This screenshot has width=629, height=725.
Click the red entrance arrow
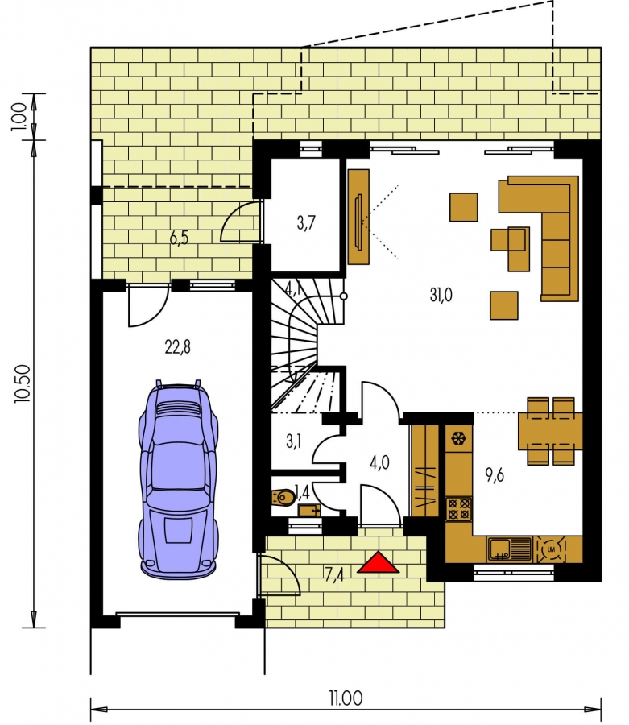pos(378,563)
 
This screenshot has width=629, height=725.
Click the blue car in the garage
pos(179,479)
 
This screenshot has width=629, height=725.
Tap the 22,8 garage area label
pos(177,346)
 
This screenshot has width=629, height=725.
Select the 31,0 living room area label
pos(441,295)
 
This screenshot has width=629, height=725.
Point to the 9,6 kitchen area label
pos(495,474)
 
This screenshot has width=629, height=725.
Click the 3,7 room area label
pos(306,223)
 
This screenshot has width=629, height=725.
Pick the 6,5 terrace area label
pos(179,238)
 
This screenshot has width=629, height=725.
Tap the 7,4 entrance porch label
pos(334,574)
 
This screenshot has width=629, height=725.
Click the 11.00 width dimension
pos(346,698)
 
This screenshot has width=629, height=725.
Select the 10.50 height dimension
pos(23,383)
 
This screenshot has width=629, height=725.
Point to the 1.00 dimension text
pos(19,117)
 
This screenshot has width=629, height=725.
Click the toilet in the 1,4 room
pos(283,498)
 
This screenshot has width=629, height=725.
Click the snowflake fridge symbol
pos(458,438)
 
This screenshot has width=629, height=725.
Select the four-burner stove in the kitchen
pos(458,508)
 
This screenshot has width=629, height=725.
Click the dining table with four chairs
pos(550,431)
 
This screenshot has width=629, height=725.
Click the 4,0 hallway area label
pos(379,462)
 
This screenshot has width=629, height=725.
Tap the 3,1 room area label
pos(293,441)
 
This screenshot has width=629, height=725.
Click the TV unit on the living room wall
pos(358,217)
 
